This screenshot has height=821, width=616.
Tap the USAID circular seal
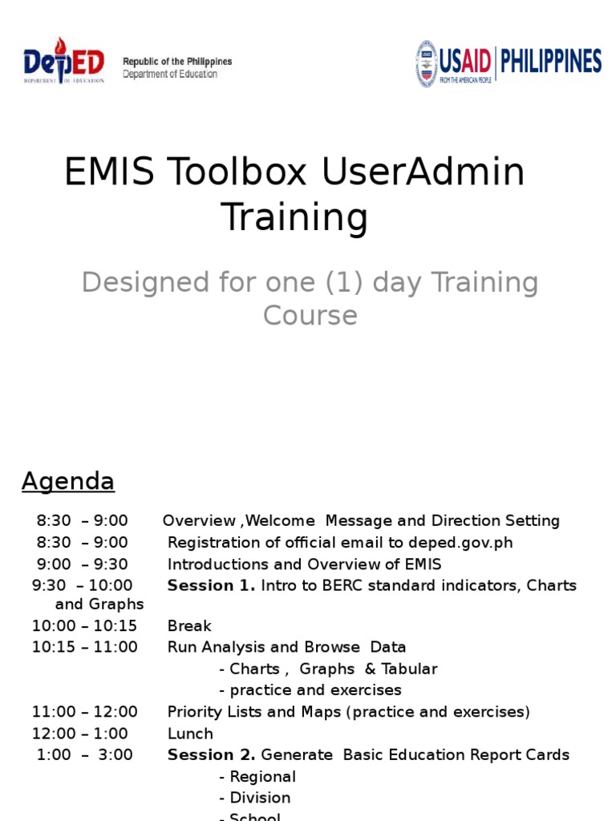pyautogui.click(x=426, y=63)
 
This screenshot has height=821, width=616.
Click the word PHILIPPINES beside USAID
pyautogui.click(x=550, y=62)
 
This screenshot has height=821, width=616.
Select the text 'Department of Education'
pyautogui.click(x=169, y=75)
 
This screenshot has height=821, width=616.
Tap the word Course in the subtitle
pyautogui.click(x=310, y=315)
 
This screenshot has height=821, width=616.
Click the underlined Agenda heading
pyautogui.click(x=68, y=481)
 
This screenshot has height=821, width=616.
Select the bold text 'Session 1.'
pyautogui.click(x=211, y=585)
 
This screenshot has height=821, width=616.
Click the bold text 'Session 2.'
pyautogui.click(x=211, y=754)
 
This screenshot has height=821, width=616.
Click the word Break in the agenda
pyautogui.click(x=189, y=625)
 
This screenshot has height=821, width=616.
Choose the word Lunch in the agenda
pyautogui.click(x=190, y=733)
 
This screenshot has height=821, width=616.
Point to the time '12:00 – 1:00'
pyautogui.click(x=80, y=733)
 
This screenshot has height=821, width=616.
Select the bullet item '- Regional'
pyautogui.click(x=257, y=776)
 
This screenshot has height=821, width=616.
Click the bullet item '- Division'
pyautogui.click(x=254, y=798)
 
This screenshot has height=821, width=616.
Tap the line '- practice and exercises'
pyautogui.click(x=310, y=690)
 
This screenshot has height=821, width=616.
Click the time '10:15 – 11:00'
pyautogui.click(x=85, y=647)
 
